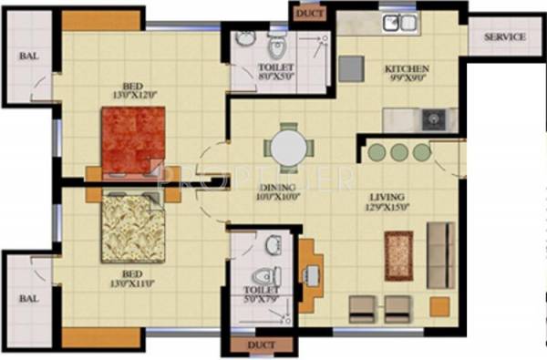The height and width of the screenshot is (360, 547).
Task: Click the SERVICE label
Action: (x=504, y=37)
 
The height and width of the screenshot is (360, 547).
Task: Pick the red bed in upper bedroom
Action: (x=132, y=139)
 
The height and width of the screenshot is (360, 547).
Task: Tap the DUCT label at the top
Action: (x=302, y=12)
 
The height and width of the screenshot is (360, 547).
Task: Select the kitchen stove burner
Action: (x=431, y=118)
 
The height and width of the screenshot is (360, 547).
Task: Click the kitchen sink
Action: (x=397, y=22)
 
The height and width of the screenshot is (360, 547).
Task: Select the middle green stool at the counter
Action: (x=397, y=152)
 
